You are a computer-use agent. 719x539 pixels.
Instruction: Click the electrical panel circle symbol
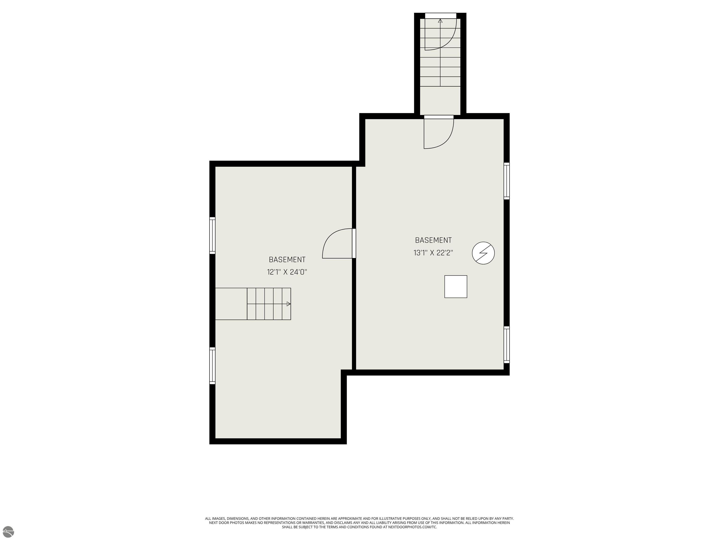[x=483, y=253]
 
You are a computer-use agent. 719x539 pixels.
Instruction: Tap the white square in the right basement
[x=456, y=287]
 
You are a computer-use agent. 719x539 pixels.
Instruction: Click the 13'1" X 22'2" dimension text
[x=433, y=253]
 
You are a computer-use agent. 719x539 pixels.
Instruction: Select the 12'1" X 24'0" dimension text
[x=287, y=272]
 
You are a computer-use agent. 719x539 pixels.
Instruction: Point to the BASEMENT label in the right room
[x=433, y=240]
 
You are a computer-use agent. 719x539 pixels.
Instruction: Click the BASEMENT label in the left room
[x=287, y=260]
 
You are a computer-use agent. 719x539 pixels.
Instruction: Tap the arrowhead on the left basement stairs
[x=289, y=304]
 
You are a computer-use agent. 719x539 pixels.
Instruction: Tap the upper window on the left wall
[x=212, y=235]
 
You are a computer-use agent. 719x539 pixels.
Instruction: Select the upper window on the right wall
[x=507, y=181]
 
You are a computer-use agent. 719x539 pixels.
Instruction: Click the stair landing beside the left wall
[x=231, y=304]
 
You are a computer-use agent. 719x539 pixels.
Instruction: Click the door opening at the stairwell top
[x=441, y=16]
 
